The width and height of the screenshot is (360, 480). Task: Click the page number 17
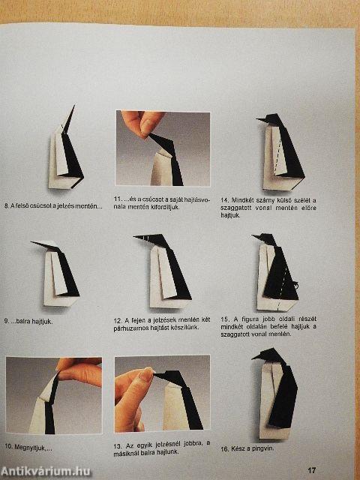coord(332,470)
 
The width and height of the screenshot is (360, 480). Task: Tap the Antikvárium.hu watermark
coord(45,469)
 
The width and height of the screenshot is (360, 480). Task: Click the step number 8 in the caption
coord(8,205)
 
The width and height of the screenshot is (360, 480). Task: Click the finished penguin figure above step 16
coord(275,394)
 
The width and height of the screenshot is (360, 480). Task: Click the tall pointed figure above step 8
coord(66,150)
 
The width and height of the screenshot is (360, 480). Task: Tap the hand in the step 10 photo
coord(79,372)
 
